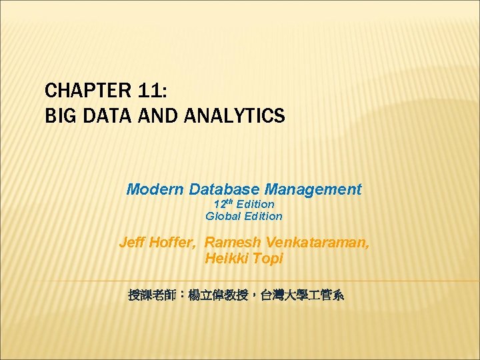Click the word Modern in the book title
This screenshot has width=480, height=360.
[155, 189]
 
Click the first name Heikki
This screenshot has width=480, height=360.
[228, 258]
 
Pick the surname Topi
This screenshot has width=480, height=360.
[269, 258]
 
